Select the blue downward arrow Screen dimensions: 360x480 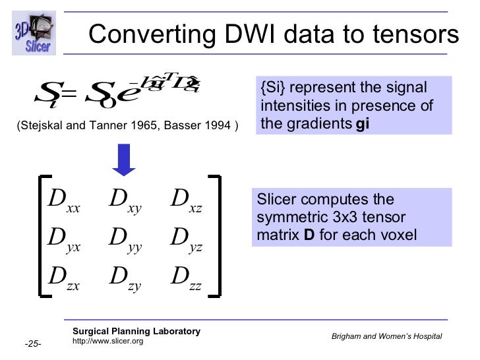click(x=123, y=160)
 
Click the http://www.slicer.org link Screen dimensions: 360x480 click(x=107, y=341)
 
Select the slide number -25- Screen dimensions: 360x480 click(x=33, y=344)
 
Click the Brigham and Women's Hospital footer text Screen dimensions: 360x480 click(x=386, y=337)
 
